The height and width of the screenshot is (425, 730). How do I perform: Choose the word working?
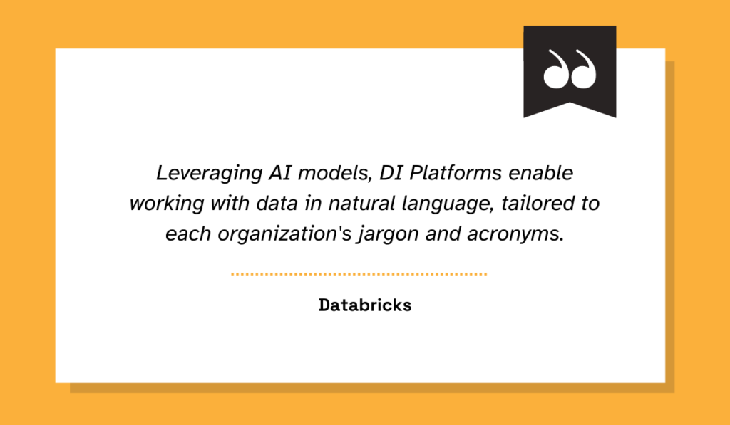(x=161, y=204)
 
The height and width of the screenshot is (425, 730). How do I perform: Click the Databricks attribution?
(x=365, y=305)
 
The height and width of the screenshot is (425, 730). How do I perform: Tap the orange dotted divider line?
(x=359, y=273)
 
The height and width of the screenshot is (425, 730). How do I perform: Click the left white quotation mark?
(x=555, y=69)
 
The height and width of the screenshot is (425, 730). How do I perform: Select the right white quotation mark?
(x=583, y=69)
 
